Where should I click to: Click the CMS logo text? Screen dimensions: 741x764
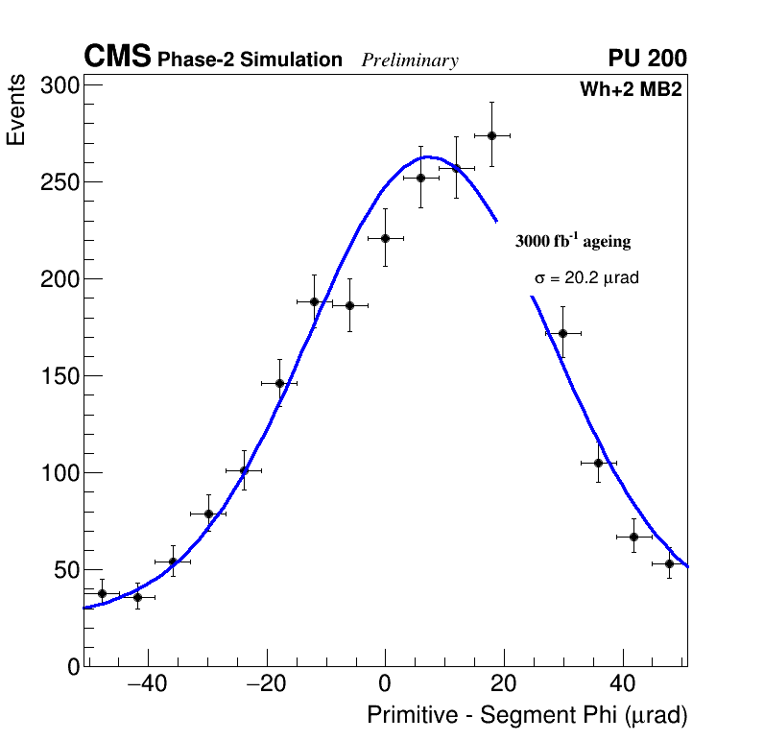coord(117,58)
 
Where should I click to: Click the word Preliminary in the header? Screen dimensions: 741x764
coord(410,61)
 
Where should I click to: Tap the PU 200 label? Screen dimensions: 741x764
coord(648,59)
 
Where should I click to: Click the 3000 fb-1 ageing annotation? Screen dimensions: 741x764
coord(573,241)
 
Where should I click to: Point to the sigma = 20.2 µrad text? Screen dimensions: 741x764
coord(586,278)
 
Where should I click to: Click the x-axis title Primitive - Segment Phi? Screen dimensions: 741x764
coord(527,716)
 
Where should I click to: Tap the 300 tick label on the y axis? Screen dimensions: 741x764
coord(59,86)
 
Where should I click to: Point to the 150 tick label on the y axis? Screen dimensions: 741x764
coord(59,376)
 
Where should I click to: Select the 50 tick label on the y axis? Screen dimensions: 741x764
coord(63,570)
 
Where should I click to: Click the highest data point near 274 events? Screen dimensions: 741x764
coord(491,135)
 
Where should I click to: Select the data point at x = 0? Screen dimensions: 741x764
coord(385,238)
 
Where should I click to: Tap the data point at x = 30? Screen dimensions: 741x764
coord(563,333)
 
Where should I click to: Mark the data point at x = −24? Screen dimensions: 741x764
coord(244,471)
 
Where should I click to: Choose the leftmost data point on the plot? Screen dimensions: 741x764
coord(102,593)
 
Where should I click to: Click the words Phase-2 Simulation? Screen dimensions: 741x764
coord(250,60)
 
